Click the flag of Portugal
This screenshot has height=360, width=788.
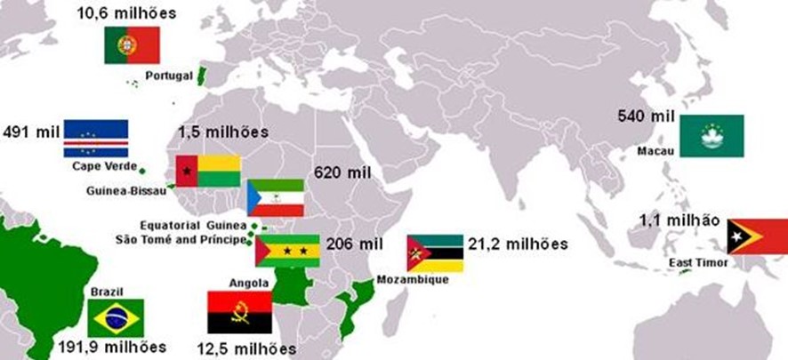click(x=132, y=45)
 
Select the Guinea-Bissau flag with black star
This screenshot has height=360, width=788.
click(x=207, y=171)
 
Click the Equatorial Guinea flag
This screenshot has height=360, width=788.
click(x=275, y=198)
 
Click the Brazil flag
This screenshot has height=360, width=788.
click(x=116, y=318)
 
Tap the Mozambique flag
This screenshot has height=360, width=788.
click(x=435, y=253)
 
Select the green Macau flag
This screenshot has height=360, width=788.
click(x=712, y=136)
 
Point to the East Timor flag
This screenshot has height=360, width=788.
click(x=757, y=236)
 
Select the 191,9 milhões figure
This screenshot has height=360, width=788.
click(x=111, y=347)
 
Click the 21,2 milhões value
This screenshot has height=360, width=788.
click(x=517, y=244)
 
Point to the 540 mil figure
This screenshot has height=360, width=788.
click(x=647, y=116)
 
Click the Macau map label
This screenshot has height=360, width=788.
click(x=656, y=151)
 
